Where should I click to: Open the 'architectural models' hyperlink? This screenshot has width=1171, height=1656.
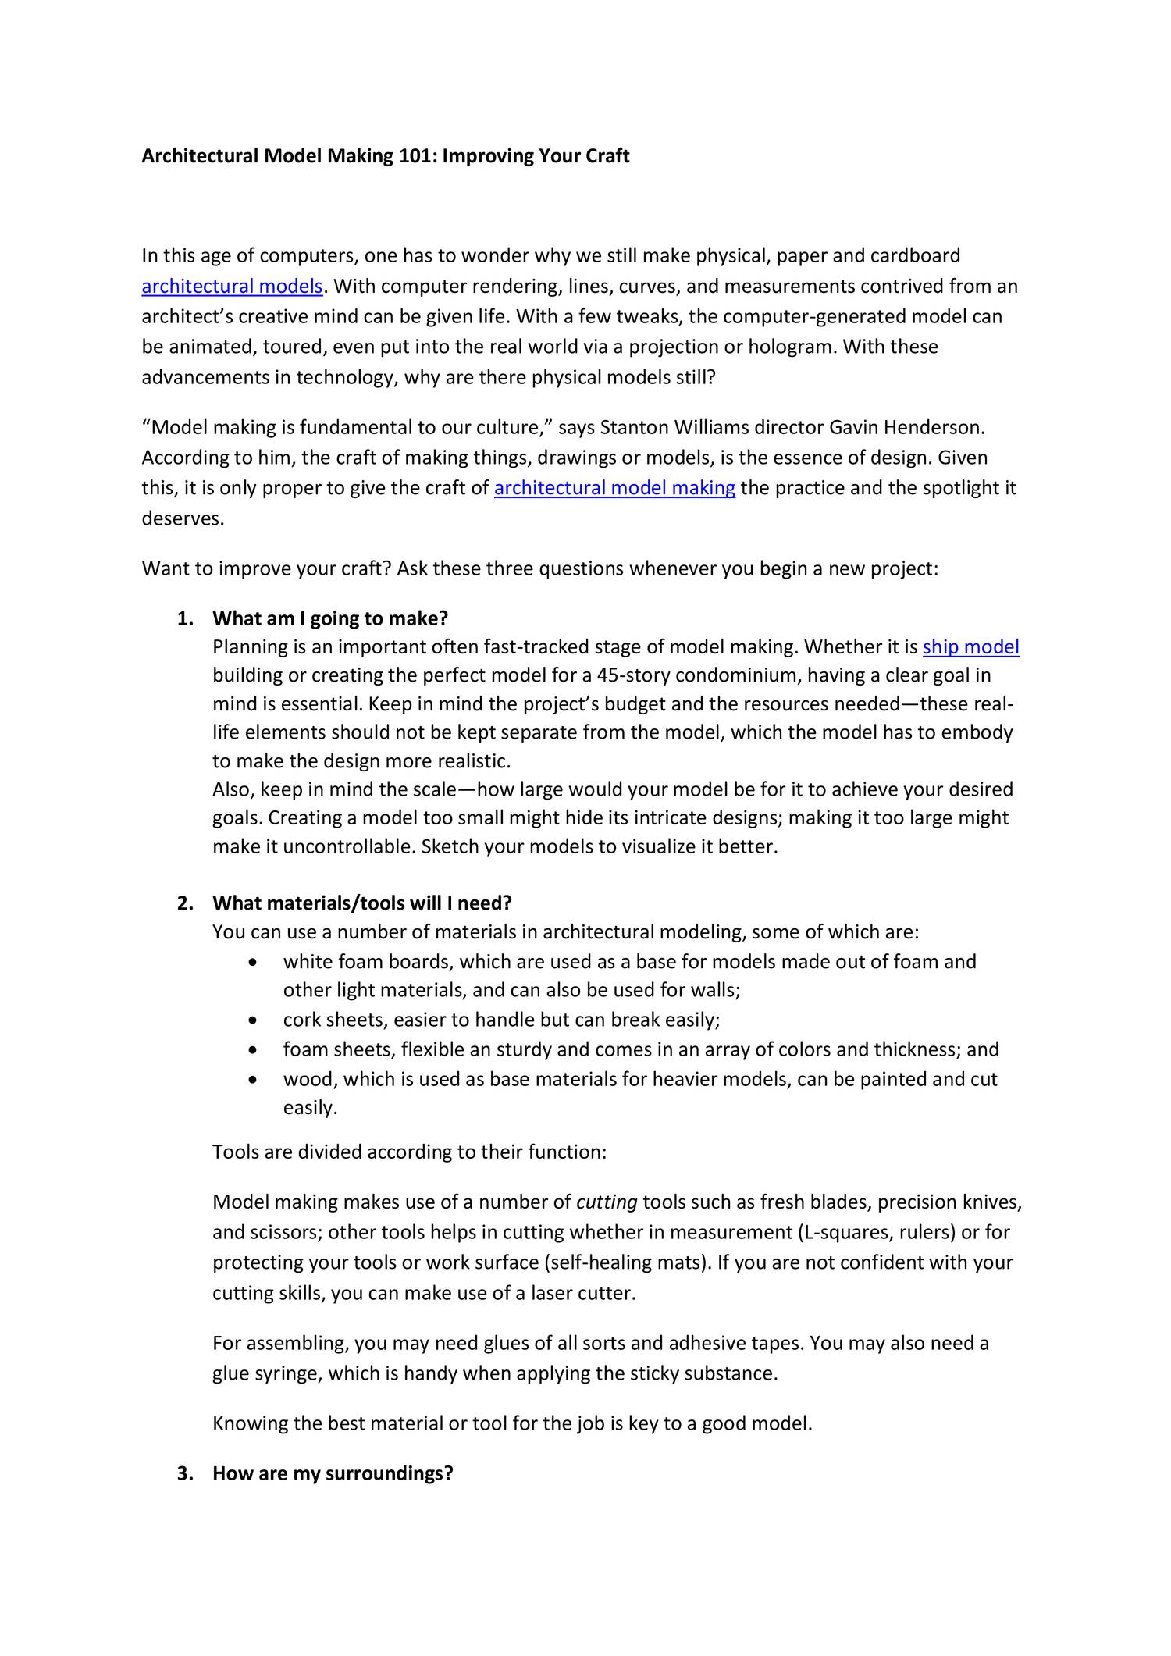[x=232, y=287]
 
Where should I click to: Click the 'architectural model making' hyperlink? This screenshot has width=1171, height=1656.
[x=614, y=488]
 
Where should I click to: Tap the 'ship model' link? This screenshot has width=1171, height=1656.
[x=970, y=647]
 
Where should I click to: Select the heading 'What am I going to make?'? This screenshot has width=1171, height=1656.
[x=330, y=618]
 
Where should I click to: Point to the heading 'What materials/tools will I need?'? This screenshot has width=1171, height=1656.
[x=361, y=903]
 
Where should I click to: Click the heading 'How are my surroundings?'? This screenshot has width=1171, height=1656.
[x=333, y=1473]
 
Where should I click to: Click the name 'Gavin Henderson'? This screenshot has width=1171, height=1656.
[x=905, y=428]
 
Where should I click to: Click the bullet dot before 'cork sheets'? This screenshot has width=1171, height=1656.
[x=251, y=1021]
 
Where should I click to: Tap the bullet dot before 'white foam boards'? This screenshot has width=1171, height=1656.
[x=251, y=963]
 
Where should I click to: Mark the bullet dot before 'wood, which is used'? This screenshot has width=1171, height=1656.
[x=251, y=1081]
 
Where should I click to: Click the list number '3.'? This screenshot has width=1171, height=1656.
[x=184, y=1473]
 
